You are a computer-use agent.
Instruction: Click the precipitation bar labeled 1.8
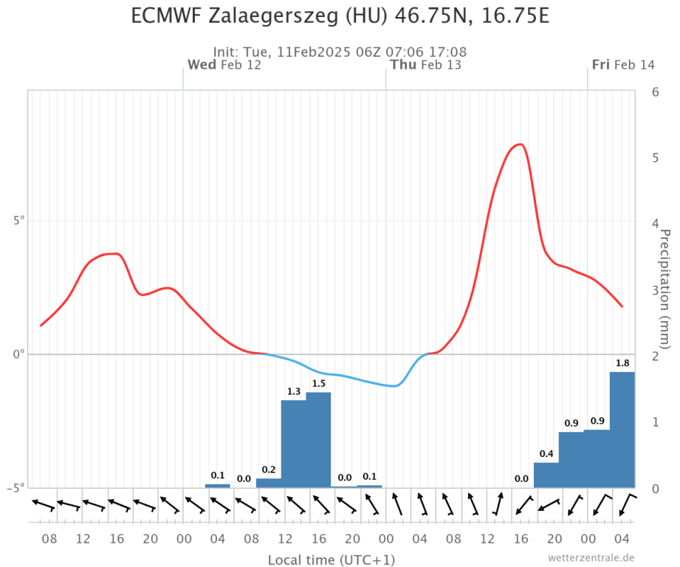(622, 430)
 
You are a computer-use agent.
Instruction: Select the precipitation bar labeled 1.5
(318, 440)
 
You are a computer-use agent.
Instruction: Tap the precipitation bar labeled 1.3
(293, 444)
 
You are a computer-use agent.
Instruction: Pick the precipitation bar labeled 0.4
(546, 475)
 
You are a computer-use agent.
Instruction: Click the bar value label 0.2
(268, 470)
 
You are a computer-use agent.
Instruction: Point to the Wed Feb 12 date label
(224, 65)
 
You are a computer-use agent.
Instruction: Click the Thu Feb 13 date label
(426, 65)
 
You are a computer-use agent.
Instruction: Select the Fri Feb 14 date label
(623, 65)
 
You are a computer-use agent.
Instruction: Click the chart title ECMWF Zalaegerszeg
(340, 16)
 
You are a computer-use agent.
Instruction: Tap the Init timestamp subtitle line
(340, 52)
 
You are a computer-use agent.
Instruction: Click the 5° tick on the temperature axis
(16, 221)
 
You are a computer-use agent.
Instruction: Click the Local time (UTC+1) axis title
(332, 560)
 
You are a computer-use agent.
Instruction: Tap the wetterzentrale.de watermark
(591, 557)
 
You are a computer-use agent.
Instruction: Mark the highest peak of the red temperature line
(521, 144)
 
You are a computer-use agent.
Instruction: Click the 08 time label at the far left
(49, 540)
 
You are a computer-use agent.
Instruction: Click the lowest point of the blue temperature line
(396, 385)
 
